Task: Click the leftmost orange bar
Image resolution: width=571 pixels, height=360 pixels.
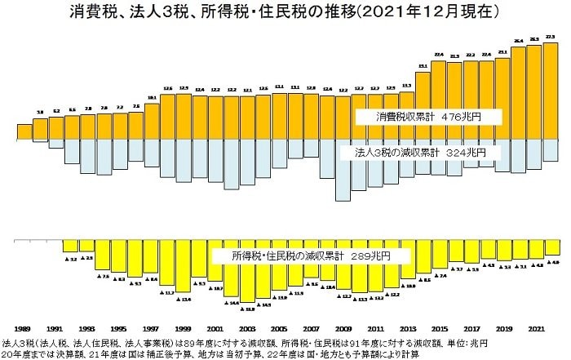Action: [24, 131]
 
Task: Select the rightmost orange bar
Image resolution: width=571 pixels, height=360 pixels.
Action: [551, 90]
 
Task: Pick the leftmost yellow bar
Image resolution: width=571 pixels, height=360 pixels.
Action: [71, 247]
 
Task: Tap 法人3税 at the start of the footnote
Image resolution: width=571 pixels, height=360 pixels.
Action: [18, 344]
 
